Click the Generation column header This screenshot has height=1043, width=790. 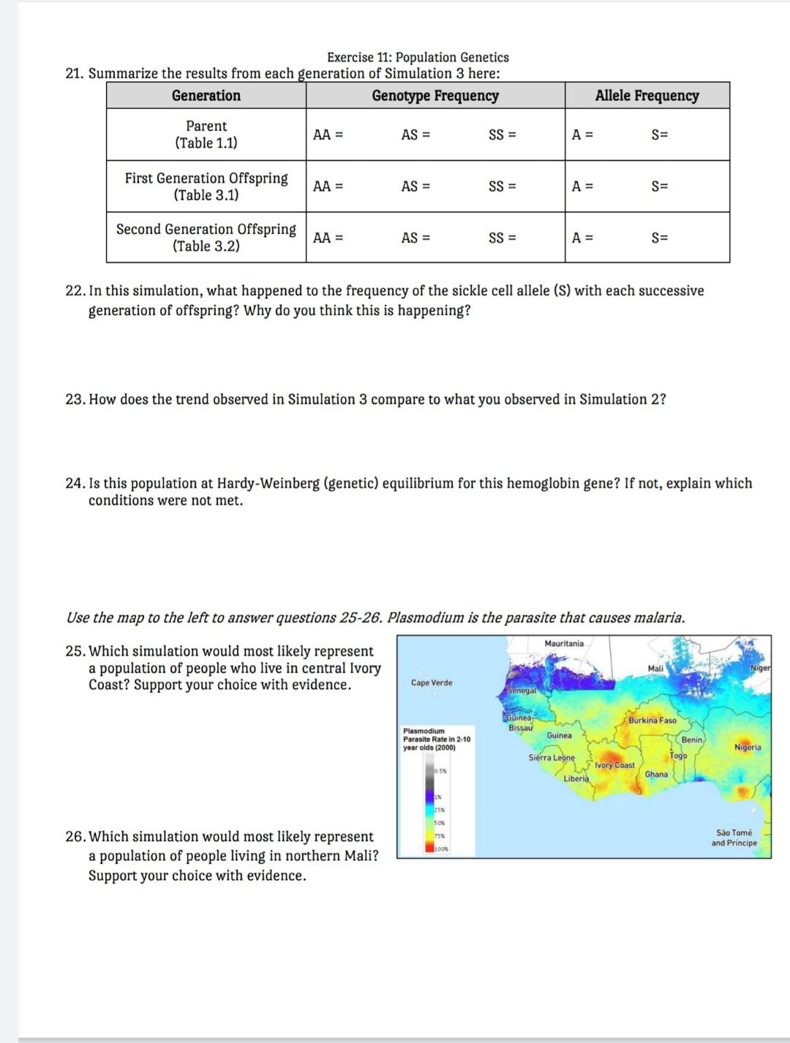tap(206, 96)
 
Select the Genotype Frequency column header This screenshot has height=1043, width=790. tap(435, 96)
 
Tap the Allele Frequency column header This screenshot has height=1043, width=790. tap(647, 96)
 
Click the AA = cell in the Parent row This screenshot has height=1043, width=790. tap(328, 135)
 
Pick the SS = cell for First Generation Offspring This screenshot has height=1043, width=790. tap(502, 187)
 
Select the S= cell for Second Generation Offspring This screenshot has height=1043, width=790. tap(660, 238)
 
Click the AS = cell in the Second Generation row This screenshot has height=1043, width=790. tap(415, 238)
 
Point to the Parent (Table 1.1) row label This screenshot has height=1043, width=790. tap(206, 135)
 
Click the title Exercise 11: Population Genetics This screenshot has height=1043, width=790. tap(418, 57)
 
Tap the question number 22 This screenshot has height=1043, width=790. tap(75, 291)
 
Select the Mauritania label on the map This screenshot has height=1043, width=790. tap(564, 644)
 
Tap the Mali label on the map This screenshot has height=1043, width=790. tap(655, 669)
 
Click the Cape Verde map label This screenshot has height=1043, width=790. tap(432, 682)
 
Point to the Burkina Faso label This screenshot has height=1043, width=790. tap(652, 720)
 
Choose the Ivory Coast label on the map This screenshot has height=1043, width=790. tap(614, 765)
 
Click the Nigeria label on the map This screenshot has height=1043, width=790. tap(748, 748)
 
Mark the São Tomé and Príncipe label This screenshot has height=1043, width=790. tap(734, 837)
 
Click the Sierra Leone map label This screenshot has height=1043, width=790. tap(552, 758)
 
